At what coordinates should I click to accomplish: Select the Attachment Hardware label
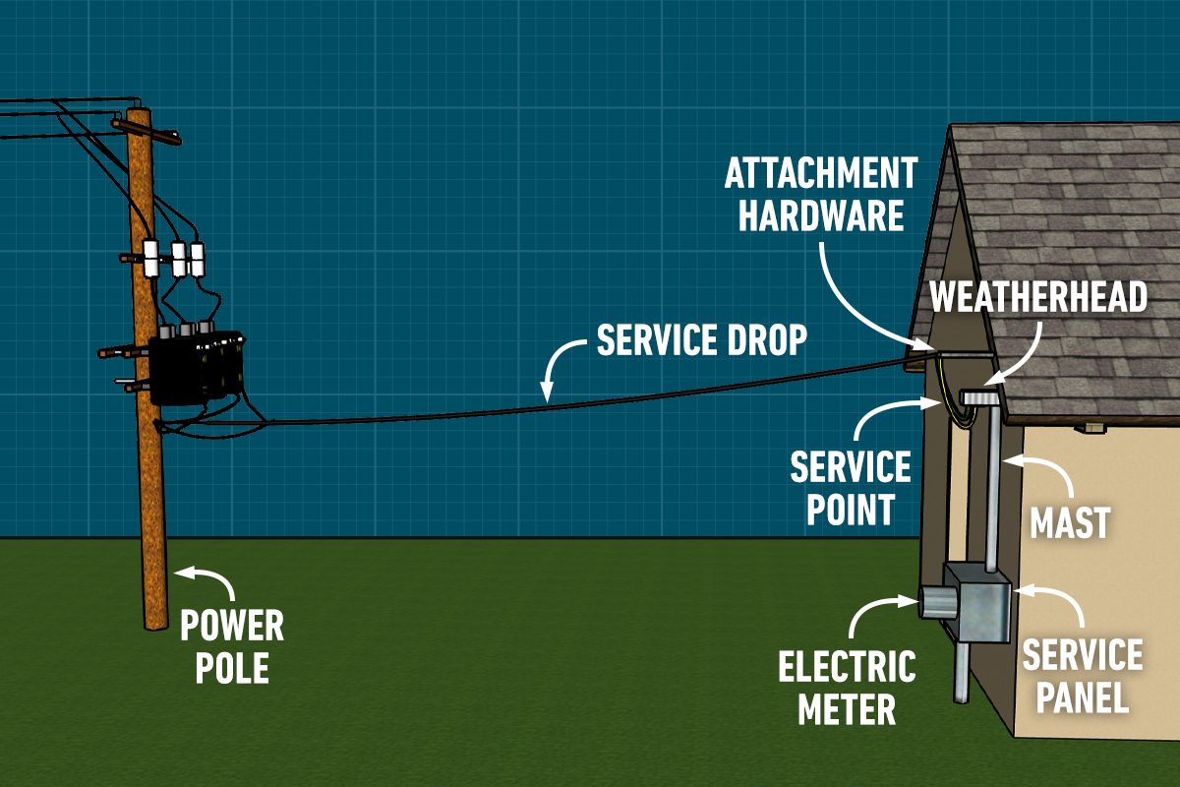coord(820,195)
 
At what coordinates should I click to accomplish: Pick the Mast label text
coord(1070,523)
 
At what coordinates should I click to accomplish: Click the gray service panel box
coord(978,602)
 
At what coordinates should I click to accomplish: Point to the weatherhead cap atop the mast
coord(980,396)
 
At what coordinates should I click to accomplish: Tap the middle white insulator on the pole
coord(179,259)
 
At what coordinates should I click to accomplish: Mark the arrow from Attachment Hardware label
coord(865,295)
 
